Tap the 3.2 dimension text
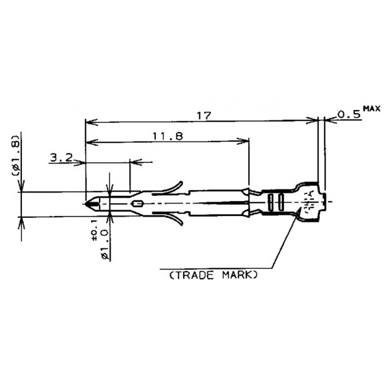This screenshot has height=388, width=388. [x=60, y=156]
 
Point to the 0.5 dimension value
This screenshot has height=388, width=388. [x=349, y=114]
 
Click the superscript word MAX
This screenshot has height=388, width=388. [x=372, y=108]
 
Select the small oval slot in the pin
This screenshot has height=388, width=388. [x=137, y=204]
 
